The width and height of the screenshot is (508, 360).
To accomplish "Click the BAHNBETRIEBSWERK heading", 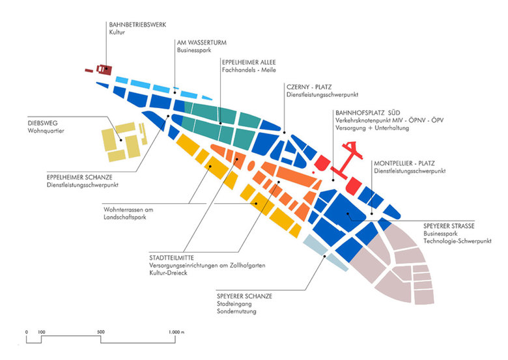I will pos(137,24).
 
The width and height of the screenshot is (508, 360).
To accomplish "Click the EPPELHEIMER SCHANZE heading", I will pos(79,177).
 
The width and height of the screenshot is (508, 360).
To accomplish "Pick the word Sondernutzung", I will pos(236,312).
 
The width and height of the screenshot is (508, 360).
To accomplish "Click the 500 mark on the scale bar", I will pos(100,333).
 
